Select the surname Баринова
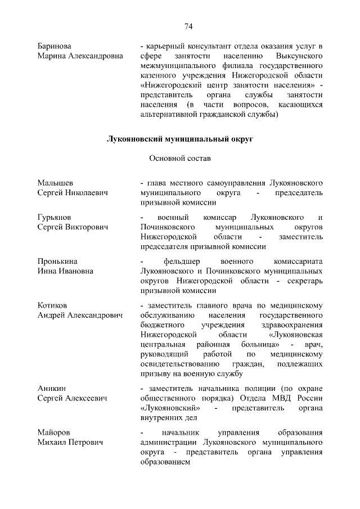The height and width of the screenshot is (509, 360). pos(55,46)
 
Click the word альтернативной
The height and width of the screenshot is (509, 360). pos(170,115)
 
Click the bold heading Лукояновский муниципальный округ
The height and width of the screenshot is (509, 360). pos(180,139)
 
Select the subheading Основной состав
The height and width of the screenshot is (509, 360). pos(180,159)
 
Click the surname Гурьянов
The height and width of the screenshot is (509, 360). pos(55,217)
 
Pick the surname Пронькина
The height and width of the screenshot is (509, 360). pos(57,262)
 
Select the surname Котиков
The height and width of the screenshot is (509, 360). pos(52,305)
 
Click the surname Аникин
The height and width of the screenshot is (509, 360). pos(52,389)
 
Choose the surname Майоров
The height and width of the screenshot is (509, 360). pos(54,433)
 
